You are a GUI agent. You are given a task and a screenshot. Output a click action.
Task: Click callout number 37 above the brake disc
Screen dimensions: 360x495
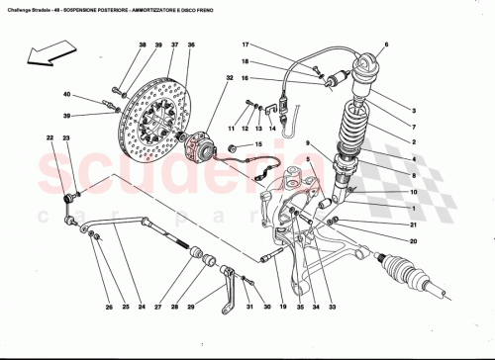tap(172, 46)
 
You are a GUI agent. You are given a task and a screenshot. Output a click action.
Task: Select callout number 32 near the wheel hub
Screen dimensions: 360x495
tap(229, 77)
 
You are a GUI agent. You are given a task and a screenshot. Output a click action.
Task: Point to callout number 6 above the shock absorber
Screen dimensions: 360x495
tap(386, 45)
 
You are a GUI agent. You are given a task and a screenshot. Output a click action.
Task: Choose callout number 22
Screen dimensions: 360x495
tap(49, 138)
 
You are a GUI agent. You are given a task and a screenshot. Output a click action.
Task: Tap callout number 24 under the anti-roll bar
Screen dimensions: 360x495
tap(142, 307)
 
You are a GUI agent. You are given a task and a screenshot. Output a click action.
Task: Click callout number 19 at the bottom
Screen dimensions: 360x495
tap(282, 307)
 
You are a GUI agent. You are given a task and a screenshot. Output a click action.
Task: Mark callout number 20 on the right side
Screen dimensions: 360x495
tap(413, 241)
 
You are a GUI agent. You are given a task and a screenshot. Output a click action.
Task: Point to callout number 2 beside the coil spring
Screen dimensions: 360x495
tap(413, 141)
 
